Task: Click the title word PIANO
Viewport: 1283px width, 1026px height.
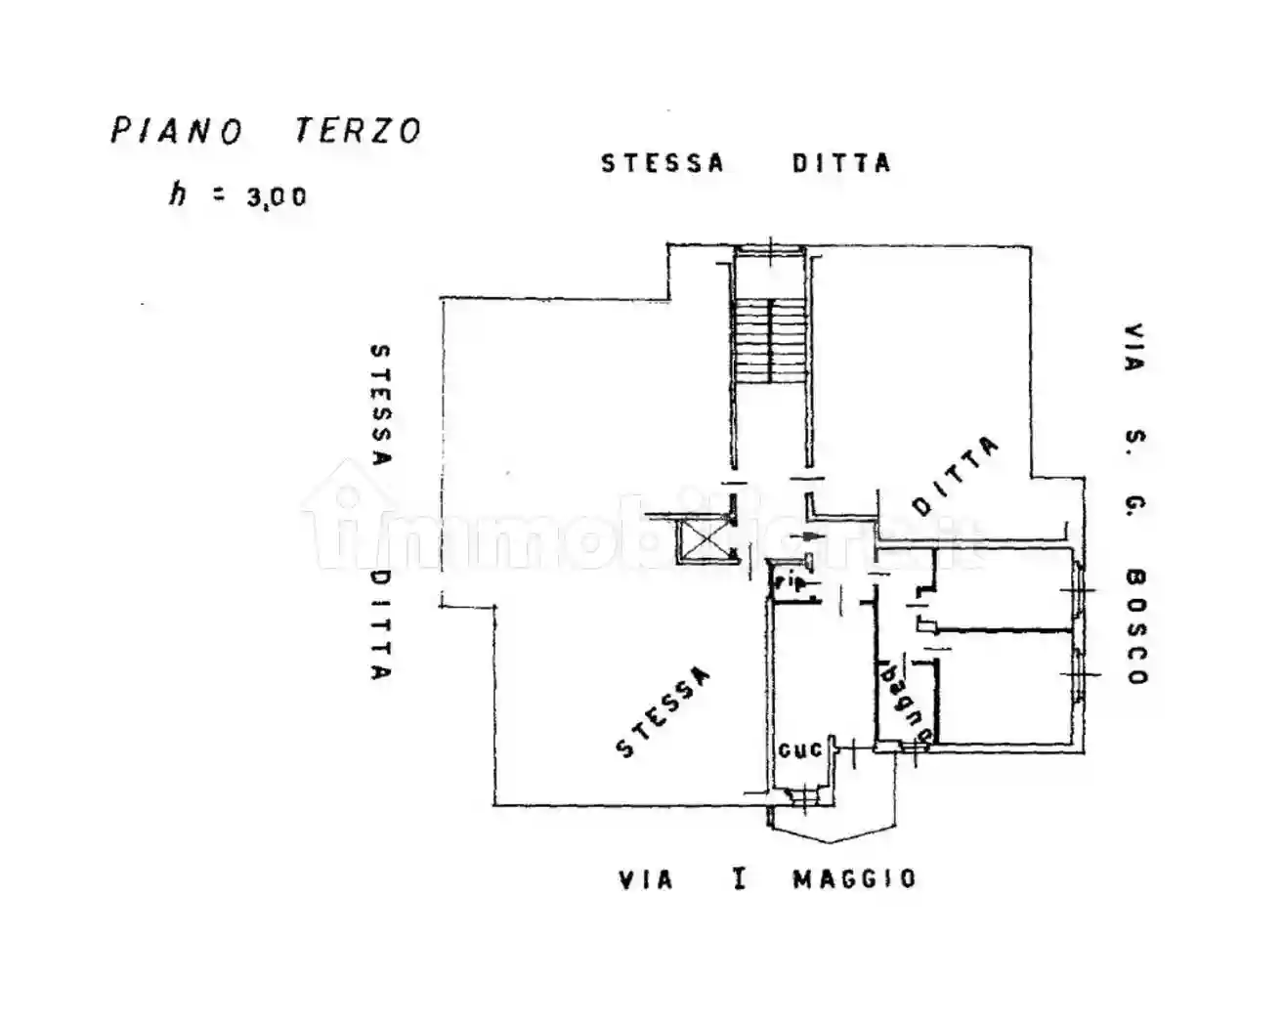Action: [x=176, y=130]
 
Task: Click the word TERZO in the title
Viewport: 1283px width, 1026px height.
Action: [x=358, y=130]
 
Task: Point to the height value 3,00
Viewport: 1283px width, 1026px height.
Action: [x=277, y=197]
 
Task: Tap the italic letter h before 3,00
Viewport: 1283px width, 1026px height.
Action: [x=177, y=193]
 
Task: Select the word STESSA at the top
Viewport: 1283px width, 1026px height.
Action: [x=663, y=163]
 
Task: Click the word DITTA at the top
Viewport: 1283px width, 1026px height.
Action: [x=841, y=163]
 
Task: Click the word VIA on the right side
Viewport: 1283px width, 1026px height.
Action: [x=1133, y=347]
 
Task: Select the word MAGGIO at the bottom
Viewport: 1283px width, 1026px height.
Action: [x=854, y=879]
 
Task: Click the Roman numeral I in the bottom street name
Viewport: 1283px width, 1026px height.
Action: [x=740, y=879]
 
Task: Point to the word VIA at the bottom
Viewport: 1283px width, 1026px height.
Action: [x=646, y=880]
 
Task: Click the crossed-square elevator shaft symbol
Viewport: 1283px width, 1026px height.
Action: [x=705, y=538]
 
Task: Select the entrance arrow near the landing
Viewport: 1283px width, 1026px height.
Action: [x=810, y=536]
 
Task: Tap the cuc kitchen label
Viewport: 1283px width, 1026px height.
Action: [x=800, y=750]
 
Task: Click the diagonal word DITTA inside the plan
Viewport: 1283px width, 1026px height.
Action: [x=956, y=476]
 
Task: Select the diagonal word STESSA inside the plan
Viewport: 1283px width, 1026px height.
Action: [x=663, y=711]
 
